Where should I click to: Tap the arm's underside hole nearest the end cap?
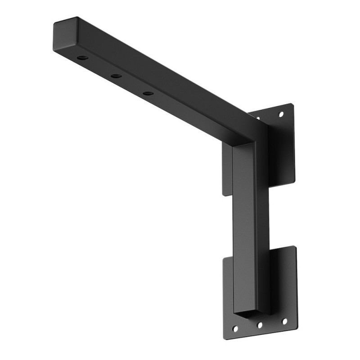[83, 58]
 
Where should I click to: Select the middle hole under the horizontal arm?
[116, 76]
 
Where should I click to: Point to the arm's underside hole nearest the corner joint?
[148, 94]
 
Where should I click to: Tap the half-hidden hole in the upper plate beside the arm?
[258, 119]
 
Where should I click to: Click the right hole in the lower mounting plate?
[284, 321]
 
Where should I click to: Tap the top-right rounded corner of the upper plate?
[291, 106]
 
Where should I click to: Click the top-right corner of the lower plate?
[294, 248]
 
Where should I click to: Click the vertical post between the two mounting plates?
[245, 216]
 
